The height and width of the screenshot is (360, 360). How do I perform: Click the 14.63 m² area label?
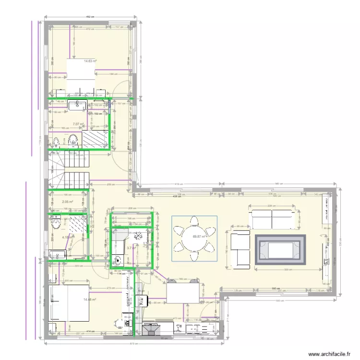pos(90,61)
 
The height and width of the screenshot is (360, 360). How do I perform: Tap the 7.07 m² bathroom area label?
pos(78,124)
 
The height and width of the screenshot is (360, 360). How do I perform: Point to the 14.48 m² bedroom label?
pos(90,300)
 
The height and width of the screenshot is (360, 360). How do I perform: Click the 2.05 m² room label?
pos(67,202)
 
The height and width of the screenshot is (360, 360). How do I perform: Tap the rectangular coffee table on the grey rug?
pos(280,250)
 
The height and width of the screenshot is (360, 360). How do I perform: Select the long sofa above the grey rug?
pos(272,219)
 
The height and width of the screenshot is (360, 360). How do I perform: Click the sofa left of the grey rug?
pos(240,250)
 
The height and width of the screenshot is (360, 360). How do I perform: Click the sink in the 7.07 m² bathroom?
pos(77,105)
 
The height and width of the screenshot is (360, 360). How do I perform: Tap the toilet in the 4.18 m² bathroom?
pos(56,224)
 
